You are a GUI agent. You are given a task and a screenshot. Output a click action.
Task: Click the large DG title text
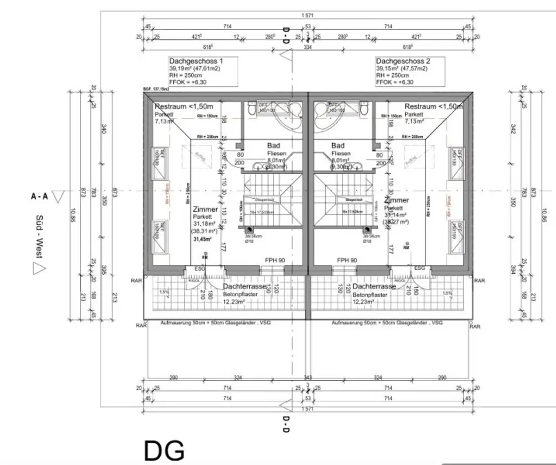(x=164, y=450)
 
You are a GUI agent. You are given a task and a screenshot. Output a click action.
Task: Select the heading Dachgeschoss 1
(x=196, y=61)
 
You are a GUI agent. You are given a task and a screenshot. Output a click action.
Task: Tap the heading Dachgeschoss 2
(x=403, y=61)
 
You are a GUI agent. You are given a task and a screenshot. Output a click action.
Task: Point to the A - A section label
(x=39, y=196)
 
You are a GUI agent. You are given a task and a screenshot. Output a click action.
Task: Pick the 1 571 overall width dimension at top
(x=308, y=16)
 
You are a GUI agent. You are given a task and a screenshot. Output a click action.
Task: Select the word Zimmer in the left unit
(x=205, y=209)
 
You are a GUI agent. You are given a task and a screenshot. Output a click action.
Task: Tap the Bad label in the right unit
(x=338, y=145)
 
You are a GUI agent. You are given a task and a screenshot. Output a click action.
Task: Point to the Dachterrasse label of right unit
(x=374, y=286)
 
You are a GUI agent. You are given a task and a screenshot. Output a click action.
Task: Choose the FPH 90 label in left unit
(x=275, y=260)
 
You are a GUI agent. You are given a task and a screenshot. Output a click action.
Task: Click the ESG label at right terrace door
(x=420, y=268)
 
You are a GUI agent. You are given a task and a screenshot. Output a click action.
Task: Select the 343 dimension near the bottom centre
(x=308, y=377)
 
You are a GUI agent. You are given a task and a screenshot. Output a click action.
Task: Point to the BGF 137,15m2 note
(x=156, y=88)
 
